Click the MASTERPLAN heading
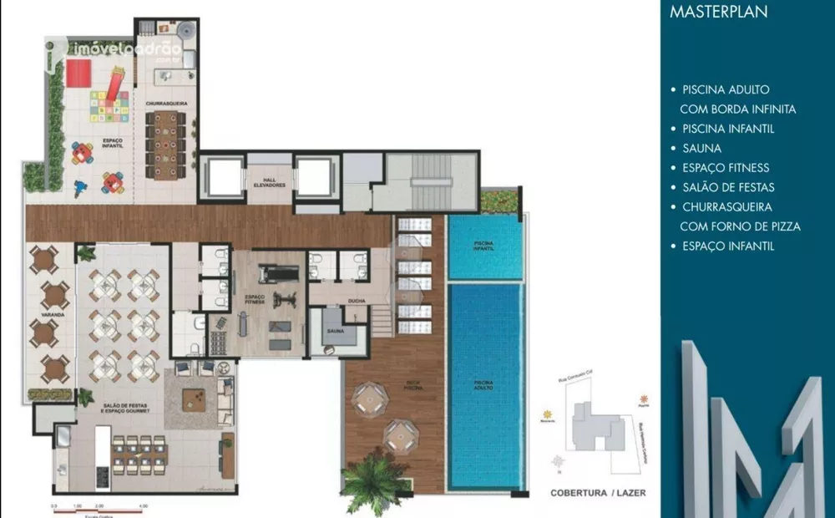[x=719, y=13]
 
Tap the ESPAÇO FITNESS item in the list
[x=726, y=168]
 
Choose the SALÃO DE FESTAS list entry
[x=727, y=187]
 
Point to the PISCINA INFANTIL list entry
[x=727, y=129]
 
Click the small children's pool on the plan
[x=484, y=247]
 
